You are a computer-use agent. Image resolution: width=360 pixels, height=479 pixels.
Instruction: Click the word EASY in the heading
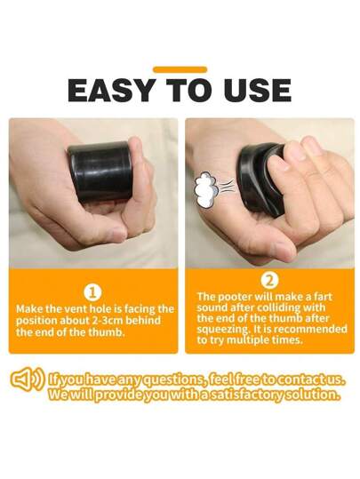[x=111, y=90]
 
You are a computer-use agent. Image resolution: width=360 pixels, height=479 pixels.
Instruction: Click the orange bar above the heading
[x=180, y=69]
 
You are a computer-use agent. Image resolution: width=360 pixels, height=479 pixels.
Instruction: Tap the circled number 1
[x=93, y=293]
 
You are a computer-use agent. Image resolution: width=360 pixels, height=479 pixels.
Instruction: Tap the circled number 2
[x=270, y=281]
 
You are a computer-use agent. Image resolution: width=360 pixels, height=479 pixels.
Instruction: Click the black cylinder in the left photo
[x=100, y=172]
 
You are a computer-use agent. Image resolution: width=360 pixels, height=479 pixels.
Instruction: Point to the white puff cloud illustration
[x=205, y=188]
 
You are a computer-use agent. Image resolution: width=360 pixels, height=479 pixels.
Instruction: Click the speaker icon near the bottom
[x=28, y=380]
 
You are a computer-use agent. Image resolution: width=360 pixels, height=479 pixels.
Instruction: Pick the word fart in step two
[x=322, y=297]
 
